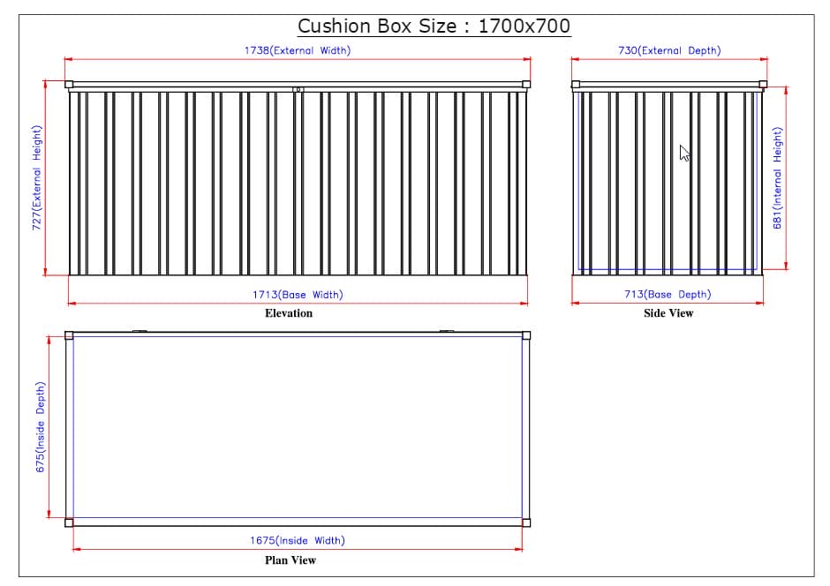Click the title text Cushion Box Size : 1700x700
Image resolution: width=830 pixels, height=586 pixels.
click(x=434, y=26)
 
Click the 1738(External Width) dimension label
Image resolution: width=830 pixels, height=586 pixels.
click(x=298, y=50)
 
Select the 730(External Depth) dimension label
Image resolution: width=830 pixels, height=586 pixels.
click(x=668, y=50)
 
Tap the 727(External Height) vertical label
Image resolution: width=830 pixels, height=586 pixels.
click(x=37, y=177)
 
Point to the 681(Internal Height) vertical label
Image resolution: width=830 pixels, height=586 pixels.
click(x=778, y=177)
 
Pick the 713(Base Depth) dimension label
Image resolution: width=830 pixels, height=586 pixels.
click(x=668, y=295)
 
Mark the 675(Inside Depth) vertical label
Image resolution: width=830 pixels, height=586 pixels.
click(x=41, y=427)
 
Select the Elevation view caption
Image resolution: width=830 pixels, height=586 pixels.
click(x=289, y=313)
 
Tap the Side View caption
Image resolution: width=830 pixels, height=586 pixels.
click(x=668, y=313)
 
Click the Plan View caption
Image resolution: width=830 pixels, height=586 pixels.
click(x=290, y=560)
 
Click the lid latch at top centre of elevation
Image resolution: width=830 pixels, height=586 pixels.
click(x=298, y=88)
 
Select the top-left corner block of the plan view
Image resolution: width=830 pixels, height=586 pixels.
click(x=69, y=335)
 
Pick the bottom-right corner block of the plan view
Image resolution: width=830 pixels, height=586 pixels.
click(x=526, y=522)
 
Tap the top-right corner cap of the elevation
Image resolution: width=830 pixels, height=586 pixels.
click(x=527, y=85)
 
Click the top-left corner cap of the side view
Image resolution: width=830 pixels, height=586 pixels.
click(x=576, y=85)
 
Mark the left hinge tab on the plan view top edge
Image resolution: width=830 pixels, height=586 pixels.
click(x=139, y=332)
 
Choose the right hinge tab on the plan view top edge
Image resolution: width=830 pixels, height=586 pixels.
click(x=447, y=332)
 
